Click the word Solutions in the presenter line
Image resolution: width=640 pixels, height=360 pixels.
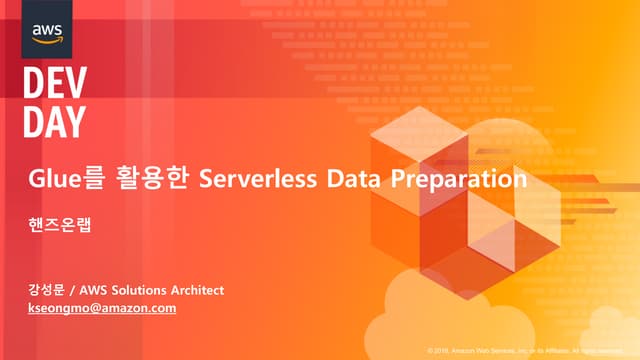pos(139,290)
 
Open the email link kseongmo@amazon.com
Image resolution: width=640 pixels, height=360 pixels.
pos(102,308)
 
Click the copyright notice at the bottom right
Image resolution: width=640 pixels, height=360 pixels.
pos(530,351)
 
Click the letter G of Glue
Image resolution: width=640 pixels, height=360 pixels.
pos(36,180)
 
